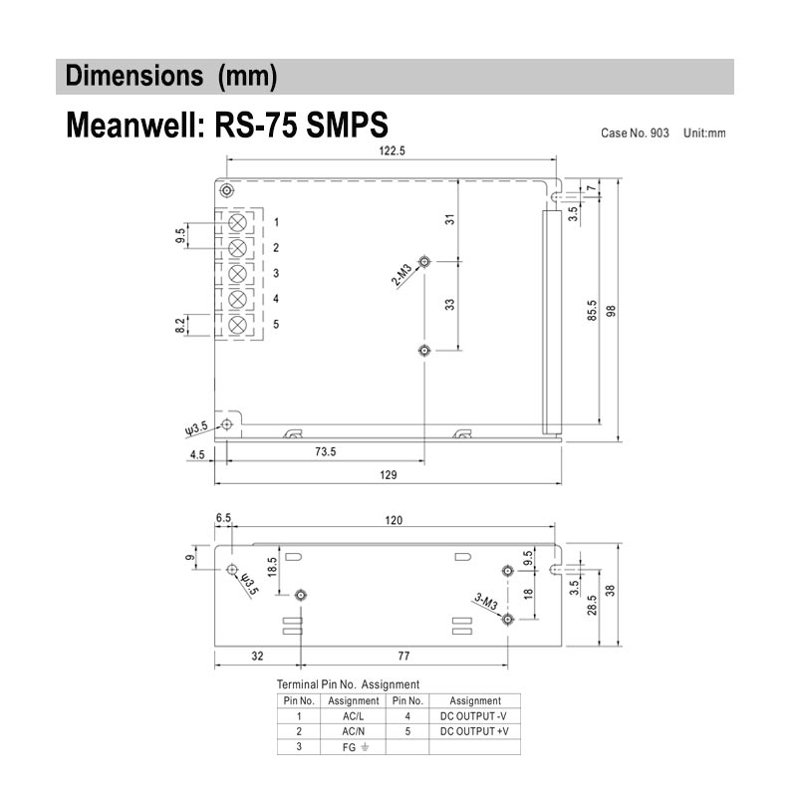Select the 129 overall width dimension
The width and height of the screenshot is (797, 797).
(x=389, y=475)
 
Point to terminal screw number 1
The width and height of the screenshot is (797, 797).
(x=238, y=222)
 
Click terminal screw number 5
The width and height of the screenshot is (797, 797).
(x=238, y=325)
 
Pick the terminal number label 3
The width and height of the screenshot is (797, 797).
(x=276, y=273)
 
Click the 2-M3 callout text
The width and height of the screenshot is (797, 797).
(x=401, y=273)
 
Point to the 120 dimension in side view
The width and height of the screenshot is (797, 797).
(x=394, y=520)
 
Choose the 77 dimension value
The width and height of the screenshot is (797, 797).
(x=404, y=658)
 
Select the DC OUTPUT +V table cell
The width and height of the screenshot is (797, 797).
(x=474, y=731)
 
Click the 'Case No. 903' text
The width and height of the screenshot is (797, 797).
(x=636, y=133)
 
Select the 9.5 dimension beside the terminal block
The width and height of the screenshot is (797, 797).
(x=180, y=236)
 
